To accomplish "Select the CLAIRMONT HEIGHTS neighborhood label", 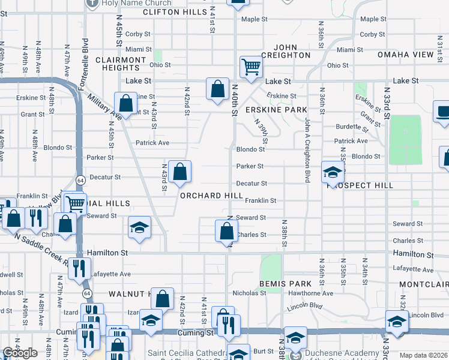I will coord(121,64).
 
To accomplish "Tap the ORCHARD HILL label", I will coord(210,196).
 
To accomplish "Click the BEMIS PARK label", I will coord(285,283).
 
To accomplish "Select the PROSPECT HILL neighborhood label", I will coord(360,185).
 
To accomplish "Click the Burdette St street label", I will coord(352,127).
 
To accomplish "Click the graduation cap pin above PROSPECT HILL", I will coord(332,172).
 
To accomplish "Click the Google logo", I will coord(20,353).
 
